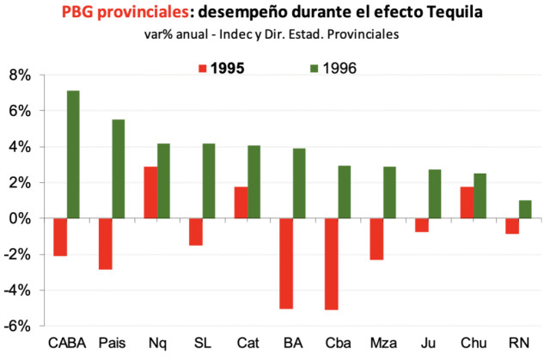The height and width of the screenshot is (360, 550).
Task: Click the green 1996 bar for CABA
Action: (73, 155)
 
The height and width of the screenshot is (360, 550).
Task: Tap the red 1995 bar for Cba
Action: (332, 264)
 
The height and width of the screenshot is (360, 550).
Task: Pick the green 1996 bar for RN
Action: (526, 210)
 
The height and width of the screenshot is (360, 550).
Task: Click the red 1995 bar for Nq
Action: (150, 192)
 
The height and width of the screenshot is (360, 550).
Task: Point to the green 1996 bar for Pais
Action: (119, 169)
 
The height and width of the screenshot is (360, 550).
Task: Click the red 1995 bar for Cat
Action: (241, 203)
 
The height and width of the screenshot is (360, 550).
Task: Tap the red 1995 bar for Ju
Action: (421, 225)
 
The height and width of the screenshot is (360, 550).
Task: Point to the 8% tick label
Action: (19, 76)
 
